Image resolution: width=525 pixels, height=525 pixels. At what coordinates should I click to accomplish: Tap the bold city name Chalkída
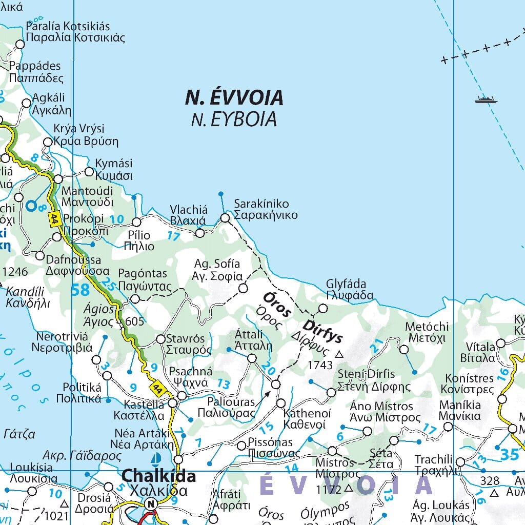(x=158, y=476)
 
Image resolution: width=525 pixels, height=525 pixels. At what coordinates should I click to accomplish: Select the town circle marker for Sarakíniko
(x=225, y=218)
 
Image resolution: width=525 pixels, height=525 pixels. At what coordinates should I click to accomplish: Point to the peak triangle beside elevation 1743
(x=339, y=354)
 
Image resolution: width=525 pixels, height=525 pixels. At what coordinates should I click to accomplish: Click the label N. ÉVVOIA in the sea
(x=234, y=97)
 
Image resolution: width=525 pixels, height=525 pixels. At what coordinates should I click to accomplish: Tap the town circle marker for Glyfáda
(x=322, y=309)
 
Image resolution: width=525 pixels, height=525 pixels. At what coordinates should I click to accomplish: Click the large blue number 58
(x=80, y=290)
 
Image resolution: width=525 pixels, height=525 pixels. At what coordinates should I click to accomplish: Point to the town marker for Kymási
(x=89, y=172)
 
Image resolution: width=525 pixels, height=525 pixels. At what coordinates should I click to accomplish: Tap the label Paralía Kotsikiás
(x=68, y=26)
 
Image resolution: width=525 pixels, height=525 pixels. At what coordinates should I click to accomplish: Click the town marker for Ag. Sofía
(x=243, y=288)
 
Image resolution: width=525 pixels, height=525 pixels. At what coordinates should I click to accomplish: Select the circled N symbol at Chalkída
(x=151, y=504)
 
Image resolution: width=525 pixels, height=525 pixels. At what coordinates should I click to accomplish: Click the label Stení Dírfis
(x=367, y=374)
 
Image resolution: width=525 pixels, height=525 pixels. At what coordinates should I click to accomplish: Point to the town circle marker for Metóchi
(x=403, y=350)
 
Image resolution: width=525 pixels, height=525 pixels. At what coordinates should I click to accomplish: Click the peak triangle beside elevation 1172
(x=349, y=488)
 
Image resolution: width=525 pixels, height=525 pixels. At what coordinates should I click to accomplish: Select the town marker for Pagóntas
(x=135, y=299)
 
